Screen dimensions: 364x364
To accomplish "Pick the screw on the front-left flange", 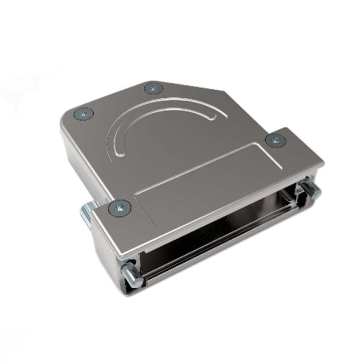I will [119, 208].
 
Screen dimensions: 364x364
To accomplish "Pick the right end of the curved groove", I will [223, 116].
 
